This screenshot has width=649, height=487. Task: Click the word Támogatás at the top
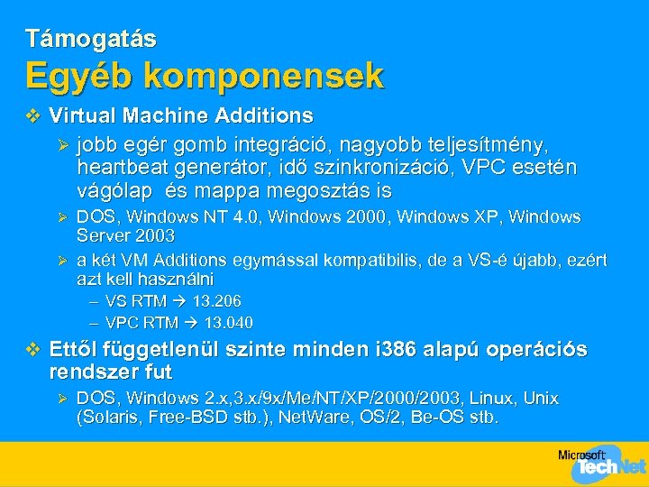91,39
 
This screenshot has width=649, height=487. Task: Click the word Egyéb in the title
78,76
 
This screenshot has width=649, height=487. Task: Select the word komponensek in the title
263,76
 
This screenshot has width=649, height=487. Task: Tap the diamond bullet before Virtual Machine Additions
34,116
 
